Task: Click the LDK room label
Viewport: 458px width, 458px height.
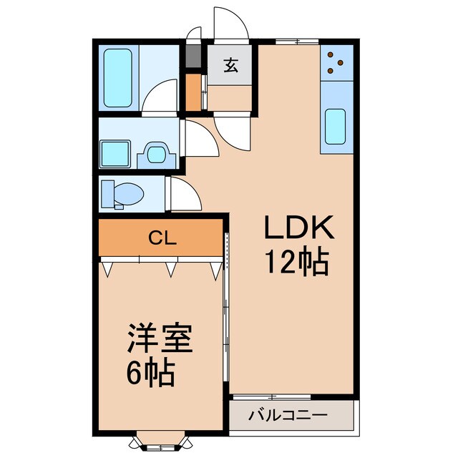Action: tap(299, 229)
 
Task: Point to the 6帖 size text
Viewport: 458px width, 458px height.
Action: tap(152, 373)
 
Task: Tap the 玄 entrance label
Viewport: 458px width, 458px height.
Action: tap(230, 66)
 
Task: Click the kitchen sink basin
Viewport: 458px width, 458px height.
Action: tap(336, 127)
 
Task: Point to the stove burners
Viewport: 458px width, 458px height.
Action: tap(336, 62)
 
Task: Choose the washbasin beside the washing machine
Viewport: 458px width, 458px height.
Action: tap(155, 152)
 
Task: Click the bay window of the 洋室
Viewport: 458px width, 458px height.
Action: tap(160, 443)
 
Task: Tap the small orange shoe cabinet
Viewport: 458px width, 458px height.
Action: tap(193, 89)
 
